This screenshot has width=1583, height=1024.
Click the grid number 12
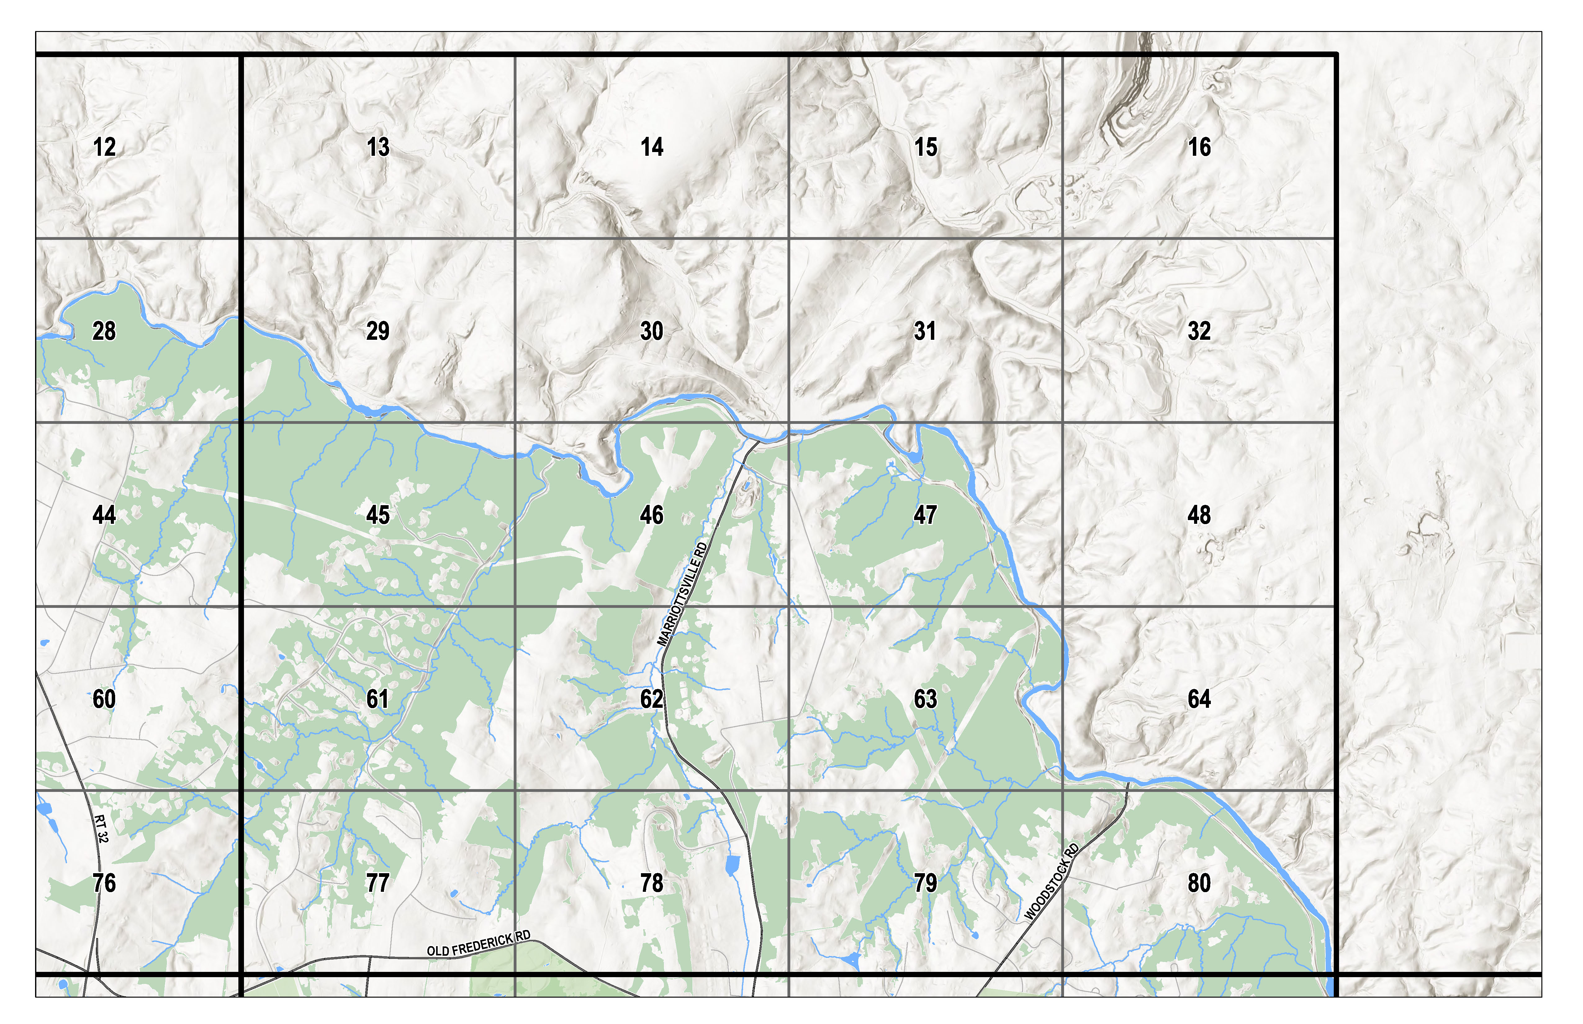coord(104,147)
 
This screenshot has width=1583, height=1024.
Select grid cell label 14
coord(652,147)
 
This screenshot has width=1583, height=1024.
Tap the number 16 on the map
coord(1199,147)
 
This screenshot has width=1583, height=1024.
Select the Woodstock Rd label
coord(1052,882)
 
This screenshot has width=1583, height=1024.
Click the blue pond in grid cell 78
coord(732,865)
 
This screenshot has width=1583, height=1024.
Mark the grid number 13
coord(378,147)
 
